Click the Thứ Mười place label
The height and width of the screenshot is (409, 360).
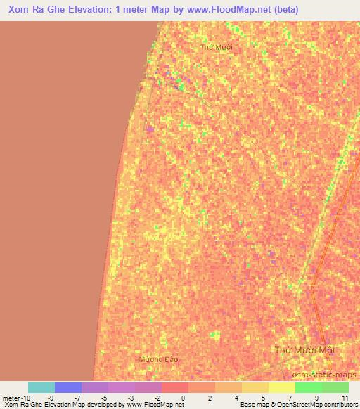pos(216,46)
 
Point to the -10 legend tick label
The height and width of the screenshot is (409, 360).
pos(25,398)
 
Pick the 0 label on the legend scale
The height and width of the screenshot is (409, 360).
pos(183,398)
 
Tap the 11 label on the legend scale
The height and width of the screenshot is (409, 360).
pos(345,398)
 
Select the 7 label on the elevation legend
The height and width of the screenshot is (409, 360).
pos(290,398)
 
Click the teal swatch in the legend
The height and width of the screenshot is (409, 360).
pos(41,387)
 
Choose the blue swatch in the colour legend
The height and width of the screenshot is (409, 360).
pos(68,387)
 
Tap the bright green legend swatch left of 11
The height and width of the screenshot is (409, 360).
pos(309,387)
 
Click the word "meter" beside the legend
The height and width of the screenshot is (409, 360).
pos(12,398)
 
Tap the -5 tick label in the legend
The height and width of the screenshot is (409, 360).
pos(103,398)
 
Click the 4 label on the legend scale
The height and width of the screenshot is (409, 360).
pos(236,398)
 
